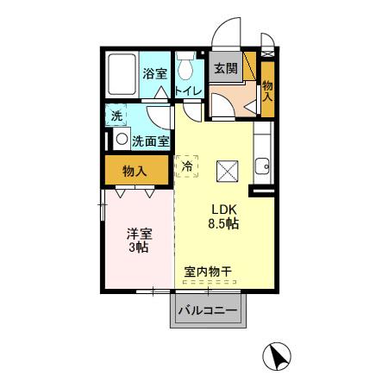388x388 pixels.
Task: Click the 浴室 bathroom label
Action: [x=155, y=74]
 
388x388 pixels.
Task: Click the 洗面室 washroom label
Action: [x=150, y=140]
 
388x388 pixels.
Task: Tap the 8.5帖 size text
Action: [x=223, y=225]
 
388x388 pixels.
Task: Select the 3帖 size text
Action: [x=137, y=248]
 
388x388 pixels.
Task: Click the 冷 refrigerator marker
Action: [x=186, y=166]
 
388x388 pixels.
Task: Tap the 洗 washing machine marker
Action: [x=116, y=115]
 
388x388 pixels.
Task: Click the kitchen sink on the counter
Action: [x=261, y=165]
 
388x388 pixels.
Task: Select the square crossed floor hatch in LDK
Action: [x=228, y=172]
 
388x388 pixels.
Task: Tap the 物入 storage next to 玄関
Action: [x=267, y=85]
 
